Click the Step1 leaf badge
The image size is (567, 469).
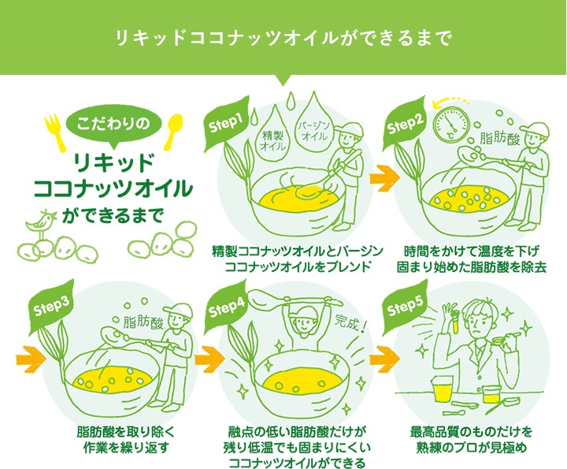[x=227, y=124]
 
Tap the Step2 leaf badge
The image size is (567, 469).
[x=406, y=124]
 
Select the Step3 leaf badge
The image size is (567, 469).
[x=51, y=307]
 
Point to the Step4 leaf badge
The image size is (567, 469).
[x=227, y=307]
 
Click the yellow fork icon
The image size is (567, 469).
[x=55, y=132]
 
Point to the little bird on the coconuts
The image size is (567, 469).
[x=42, y=221]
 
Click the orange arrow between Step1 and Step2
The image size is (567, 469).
[x=385, y=177]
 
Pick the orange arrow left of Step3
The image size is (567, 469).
[x=31, y=359]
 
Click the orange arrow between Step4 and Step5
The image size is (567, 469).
[x=385, y=359]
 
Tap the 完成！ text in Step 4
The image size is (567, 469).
[x=350, y=322]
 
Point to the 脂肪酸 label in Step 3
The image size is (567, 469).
[x=144, y=322]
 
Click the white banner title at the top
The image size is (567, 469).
[x=283, y=38]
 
